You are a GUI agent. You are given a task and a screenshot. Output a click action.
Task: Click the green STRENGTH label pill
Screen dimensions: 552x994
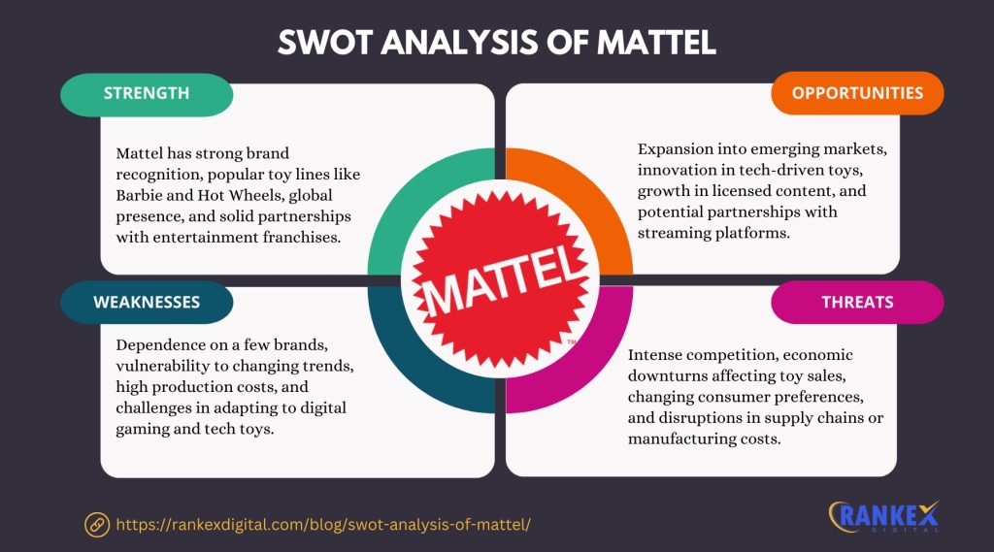[146, 94]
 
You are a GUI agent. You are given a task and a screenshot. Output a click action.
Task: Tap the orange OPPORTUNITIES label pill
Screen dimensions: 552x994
[857, 93]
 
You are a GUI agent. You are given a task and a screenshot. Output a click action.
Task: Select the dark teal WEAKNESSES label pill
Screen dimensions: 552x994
[147, 302]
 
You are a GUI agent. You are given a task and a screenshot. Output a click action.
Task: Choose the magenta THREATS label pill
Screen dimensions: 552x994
[857, 302]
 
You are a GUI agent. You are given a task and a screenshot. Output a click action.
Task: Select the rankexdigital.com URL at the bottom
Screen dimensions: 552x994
[323, 524]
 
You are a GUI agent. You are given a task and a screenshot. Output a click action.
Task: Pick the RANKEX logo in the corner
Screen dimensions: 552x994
[883, 517]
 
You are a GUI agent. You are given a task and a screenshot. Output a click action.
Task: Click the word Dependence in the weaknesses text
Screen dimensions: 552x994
[155, 344]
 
